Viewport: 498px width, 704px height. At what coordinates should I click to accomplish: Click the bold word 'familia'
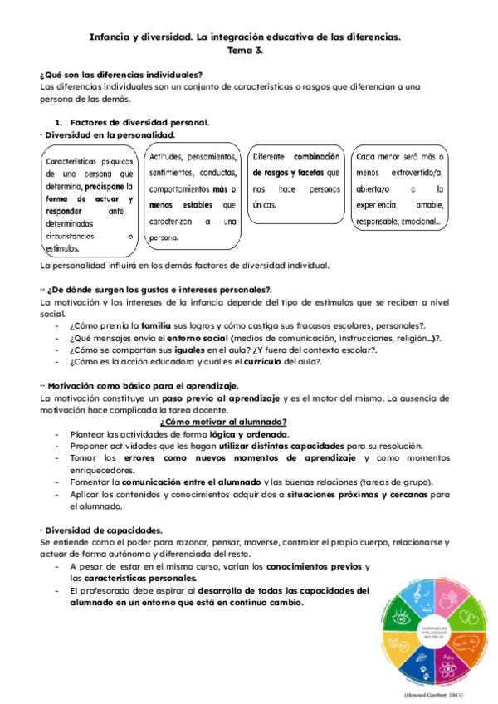coord(156,326)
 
